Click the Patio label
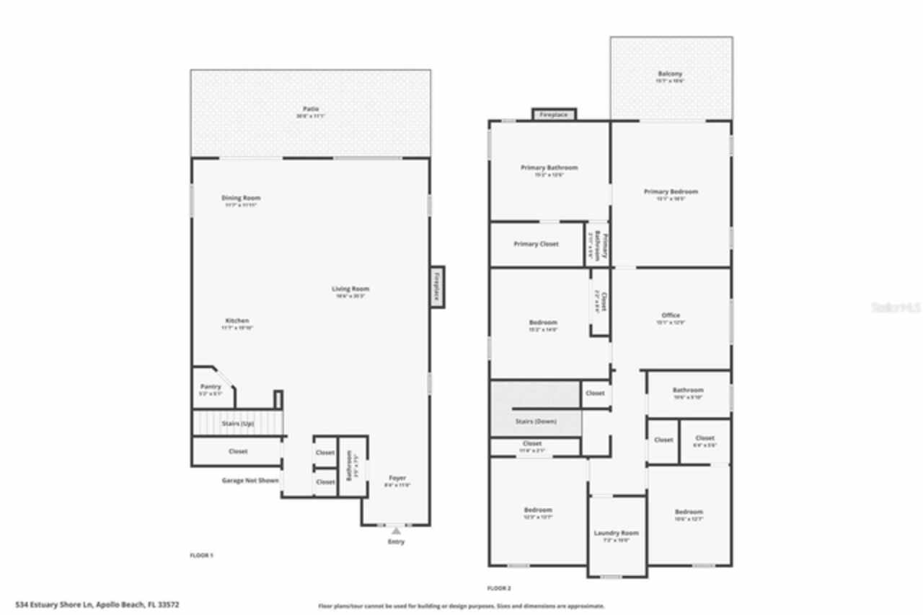point(311,108)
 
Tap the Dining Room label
point(241,198)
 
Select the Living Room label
point(350,289)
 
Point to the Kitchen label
point(237,320)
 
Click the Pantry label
point(211,387)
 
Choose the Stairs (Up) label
point(238,423)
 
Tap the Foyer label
point(397,478)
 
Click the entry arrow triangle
point(396,531)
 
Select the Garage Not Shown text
point(250,480)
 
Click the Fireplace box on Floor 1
point(437,287)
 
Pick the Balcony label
point(670,74)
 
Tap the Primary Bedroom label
point(671,192)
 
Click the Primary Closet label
point(536,244)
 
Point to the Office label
point(671,315)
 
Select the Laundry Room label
point(617,533)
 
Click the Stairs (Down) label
point(536,422)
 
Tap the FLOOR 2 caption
point(500,588)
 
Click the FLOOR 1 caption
point(201,555)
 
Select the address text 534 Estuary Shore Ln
point(97,605)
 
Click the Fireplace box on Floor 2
point(554,115)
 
